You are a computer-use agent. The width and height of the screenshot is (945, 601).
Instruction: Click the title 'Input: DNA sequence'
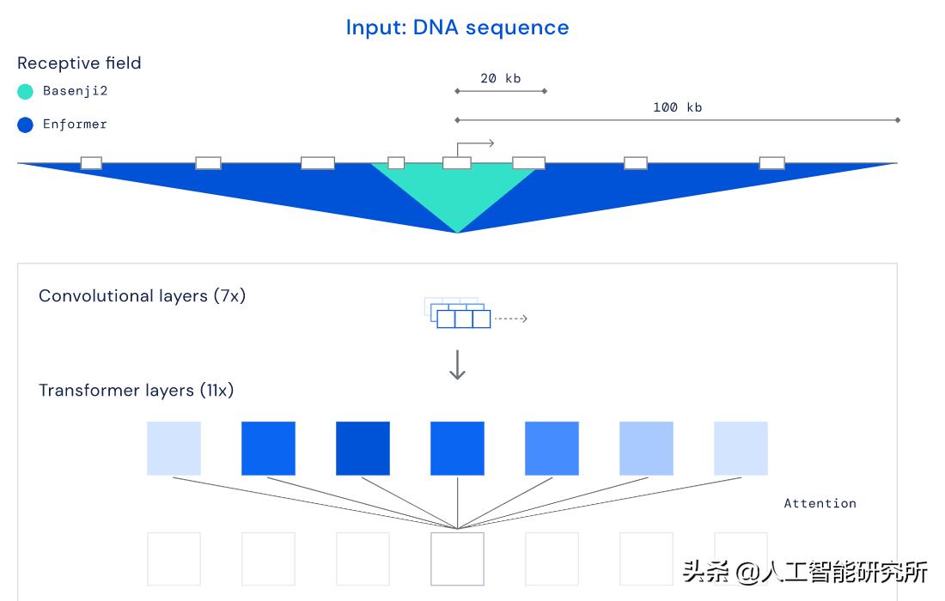tap(457, 27)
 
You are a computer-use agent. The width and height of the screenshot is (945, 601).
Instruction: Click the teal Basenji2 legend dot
tap(25, 91)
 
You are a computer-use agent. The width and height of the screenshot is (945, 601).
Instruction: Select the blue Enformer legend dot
tap(25, 124)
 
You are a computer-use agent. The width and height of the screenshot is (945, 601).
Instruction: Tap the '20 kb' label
tap(500, 78)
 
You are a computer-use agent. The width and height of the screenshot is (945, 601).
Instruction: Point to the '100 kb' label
tap(677, 107)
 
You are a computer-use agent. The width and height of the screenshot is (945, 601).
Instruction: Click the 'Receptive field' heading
tap(79, 63)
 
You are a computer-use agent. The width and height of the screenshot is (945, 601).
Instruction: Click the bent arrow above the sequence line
tap(474, 146)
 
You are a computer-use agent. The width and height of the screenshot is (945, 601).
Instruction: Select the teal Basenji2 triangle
tap(457, 193)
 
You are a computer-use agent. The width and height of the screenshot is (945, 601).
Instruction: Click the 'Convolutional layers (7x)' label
tap(142, 295)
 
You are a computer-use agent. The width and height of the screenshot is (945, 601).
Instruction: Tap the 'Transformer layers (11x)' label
tap(136, 390)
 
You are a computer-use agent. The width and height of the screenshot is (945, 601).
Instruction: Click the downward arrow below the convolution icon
tap(457, 364)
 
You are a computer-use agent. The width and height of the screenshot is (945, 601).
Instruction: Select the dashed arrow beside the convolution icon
tap(511, 319)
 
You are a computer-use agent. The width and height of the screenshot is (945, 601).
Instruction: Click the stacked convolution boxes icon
tap(458, 313)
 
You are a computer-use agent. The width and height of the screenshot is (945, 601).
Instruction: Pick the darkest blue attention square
tap(363, 448)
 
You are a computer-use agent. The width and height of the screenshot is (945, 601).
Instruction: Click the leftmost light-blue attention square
tap(174, 448)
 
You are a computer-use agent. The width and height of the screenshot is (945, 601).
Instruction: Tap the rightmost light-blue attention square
tap(741, 448)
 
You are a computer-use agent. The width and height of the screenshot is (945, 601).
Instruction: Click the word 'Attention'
tap(820, 503)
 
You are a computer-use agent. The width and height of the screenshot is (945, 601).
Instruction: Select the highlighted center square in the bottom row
tap(457, 559)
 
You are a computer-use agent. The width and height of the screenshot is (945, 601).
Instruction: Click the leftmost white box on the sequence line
tap(91, 163)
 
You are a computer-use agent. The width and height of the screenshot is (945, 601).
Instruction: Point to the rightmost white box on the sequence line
tap(771, 163)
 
